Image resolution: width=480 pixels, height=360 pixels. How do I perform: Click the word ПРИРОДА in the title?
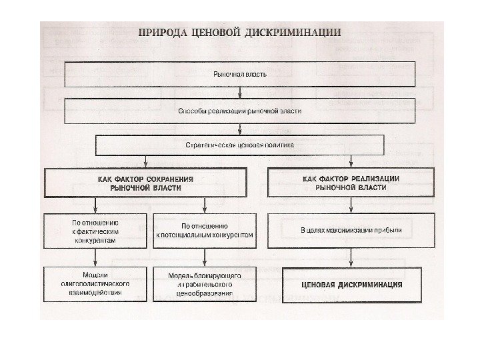[x=161, y=32]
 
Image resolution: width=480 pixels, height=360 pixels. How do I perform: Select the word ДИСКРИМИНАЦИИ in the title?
[x=301, y=32]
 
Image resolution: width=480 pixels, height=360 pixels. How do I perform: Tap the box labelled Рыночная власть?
[x=240, y=74]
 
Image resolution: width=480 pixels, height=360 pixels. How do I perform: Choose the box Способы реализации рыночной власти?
[x=240, y=111]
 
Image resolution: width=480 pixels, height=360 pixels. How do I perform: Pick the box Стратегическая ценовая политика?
[x=240, y=145]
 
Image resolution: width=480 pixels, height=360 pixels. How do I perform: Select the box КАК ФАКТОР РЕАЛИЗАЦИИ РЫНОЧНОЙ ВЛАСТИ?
[x=351, y=183]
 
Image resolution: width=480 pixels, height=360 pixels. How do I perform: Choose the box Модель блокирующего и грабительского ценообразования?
[x=205, y=284]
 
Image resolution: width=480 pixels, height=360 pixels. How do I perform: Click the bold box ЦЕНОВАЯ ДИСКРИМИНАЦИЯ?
[x=351, y=284]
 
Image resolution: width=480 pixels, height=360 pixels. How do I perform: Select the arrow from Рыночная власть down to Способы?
[x=240, y=93]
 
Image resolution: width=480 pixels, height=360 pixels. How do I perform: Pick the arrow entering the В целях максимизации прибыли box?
[x=351, y=205]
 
